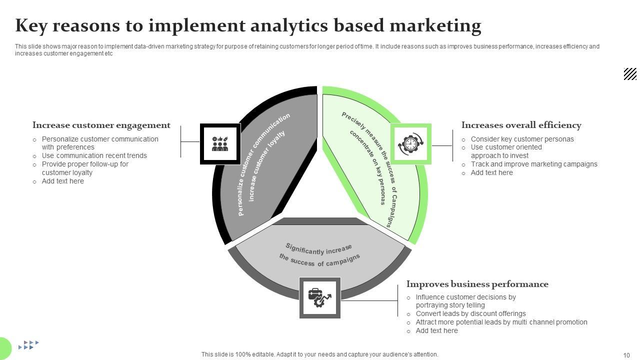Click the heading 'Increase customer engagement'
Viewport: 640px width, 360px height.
point(101,125)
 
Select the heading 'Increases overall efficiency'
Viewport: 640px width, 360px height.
point(521,125)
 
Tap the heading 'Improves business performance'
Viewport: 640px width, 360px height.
point(477,284)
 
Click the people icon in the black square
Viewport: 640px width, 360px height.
point(220,144)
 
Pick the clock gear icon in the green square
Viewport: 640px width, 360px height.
point(410,144)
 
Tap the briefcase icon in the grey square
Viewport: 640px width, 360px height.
point(319,297)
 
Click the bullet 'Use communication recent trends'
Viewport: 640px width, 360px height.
point(94,155)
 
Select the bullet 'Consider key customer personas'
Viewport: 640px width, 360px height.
point(522,139)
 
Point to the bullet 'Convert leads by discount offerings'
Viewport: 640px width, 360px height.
point(470,313)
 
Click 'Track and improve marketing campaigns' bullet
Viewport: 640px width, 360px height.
point(534,164)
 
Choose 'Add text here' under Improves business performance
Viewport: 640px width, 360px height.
point(436,330)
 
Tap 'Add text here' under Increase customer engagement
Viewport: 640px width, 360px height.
point(62,181)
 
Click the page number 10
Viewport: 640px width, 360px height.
point(626,355)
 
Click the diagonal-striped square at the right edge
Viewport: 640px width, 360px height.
point(630,74)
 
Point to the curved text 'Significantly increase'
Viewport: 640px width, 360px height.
point(318,249)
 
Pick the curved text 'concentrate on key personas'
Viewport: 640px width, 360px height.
point(369,167)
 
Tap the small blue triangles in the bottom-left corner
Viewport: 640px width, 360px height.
point(28,344)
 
